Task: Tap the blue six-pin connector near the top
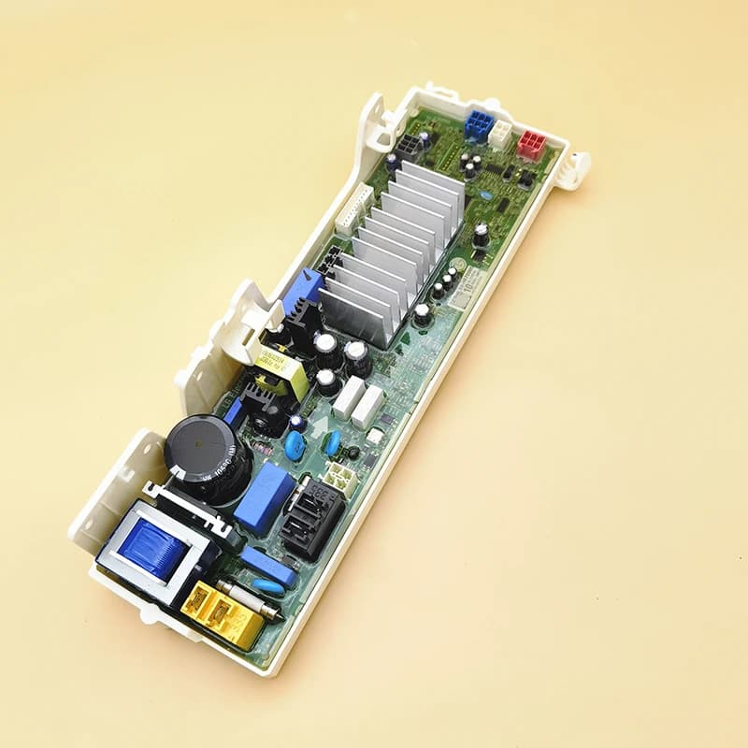point(477,126)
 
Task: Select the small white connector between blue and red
point(501,134)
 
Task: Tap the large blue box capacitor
point(265,496)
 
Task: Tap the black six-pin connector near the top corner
point(407,147)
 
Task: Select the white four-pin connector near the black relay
point(342,477)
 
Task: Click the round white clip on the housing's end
point(577,165)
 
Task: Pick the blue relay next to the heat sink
point(302,291)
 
